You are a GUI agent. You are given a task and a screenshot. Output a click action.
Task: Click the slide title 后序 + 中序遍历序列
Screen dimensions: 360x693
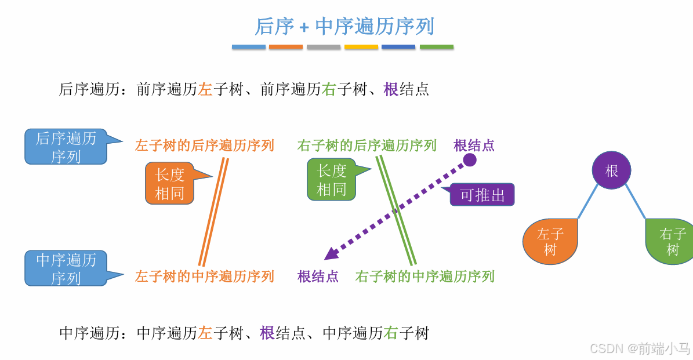pyautogui.click(x=344, y=27)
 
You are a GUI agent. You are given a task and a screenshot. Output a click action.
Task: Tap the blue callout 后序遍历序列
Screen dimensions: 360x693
pyautogui.click(x=66, y=147)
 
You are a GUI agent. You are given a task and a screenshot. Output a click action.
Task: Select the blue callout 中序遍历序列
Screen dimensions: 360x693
pyautogui.click(x=66, y=268)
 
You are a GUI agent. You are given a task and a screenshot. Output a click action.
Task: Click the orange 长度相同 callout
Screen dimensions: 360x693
pyautogui.click(x=169, y=183)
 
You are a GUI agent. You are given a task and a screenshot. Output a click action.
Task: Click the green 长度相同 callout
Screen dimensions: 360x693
pyautogui.click(x=331, y=180)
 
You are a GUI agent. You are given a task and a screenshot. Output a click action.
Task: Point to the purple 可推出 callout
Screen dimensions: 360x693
pyautogui.click(x=482, y=195)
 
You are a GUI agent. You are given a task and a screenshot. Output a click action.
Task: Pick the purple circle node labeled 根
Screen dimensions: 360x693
pyautogui.click(x=611, y=170)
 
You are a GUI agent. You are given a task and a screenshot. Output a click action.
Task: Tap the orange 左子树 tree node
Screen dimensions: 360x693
pyautogui.click(x=550, y=242)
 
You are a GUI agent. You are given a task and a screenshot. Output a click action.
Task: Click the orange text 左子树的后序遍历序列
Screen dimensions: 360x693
pyautogui.click(x=204, y=146)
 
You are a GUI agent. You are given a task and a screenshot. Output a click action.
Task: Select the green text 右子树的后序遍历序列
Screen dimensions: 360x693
pyautogui.click(x=367, y=146)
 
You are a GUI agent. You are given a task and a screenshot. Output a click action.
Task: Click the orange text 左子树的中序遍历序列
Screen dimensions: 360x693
pyautogui.click(x=204, y=277)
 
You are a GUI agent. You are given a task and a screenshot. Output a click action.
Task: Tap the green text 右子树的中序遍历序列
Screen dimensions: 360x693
pyautogui.click(x=424, y=277)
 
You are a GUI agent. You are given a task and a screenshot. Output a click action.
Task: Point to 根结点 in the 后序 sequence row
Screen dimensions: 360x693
pyautogui.click(x=474, y=146)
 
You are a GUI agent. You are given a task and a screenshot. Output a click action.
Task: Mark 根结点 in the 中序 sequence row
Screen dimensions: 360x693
pyautogui.click(x=318, y=277)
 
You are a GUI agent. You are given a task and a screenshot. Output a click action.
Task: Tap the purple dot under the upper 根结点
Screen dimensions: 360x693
pyautogui.click(x=470, y=160)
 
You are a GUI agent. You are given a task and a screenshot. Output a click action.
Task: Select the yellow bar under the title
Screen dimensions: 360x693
pyautogui.click(x=361, y=47)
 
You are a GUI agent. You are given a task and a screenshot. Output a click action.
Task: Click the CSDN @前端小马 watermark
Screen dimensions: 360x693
pyautogui.click(x=639, y=348)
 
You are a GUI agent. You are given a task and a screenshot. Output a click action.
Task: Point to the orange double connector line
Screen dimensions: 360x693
pyautogui.click(x=213, y=212)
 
